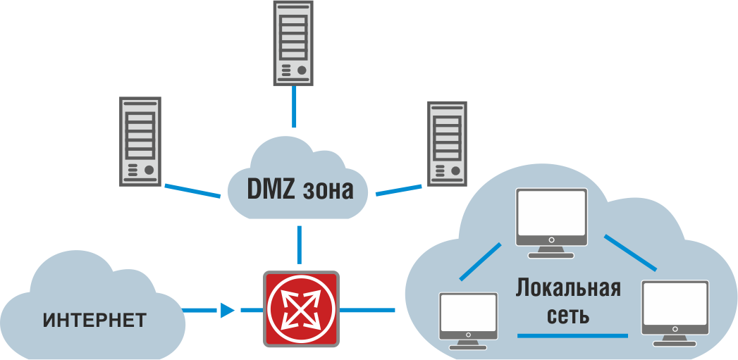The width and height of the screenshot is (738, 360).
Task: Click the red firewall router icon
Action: (x=301, y=308)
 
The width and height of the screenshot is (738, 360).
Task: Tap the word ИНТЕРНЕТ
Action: (x=94, y=321)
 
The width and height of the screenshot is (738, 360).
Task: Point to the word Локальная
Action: (x=568, y=288)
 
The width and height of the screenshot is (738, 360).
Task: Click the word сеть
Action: (x=569, y=315)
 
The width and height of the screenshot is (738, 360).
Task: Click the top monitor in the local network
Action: (x=551, y=218)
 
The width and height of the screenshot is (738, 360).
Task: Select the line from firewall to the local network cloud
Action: (x=367, y=310)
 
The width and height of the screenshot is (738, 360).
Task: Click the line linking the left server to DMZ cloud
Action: (x=192, y=191)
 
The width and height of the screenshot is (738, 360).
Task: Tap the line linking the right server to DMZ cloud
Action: (x=400, y=190)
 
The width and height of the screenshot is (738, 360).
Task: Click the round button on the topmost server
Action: (x=302, y=70)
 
